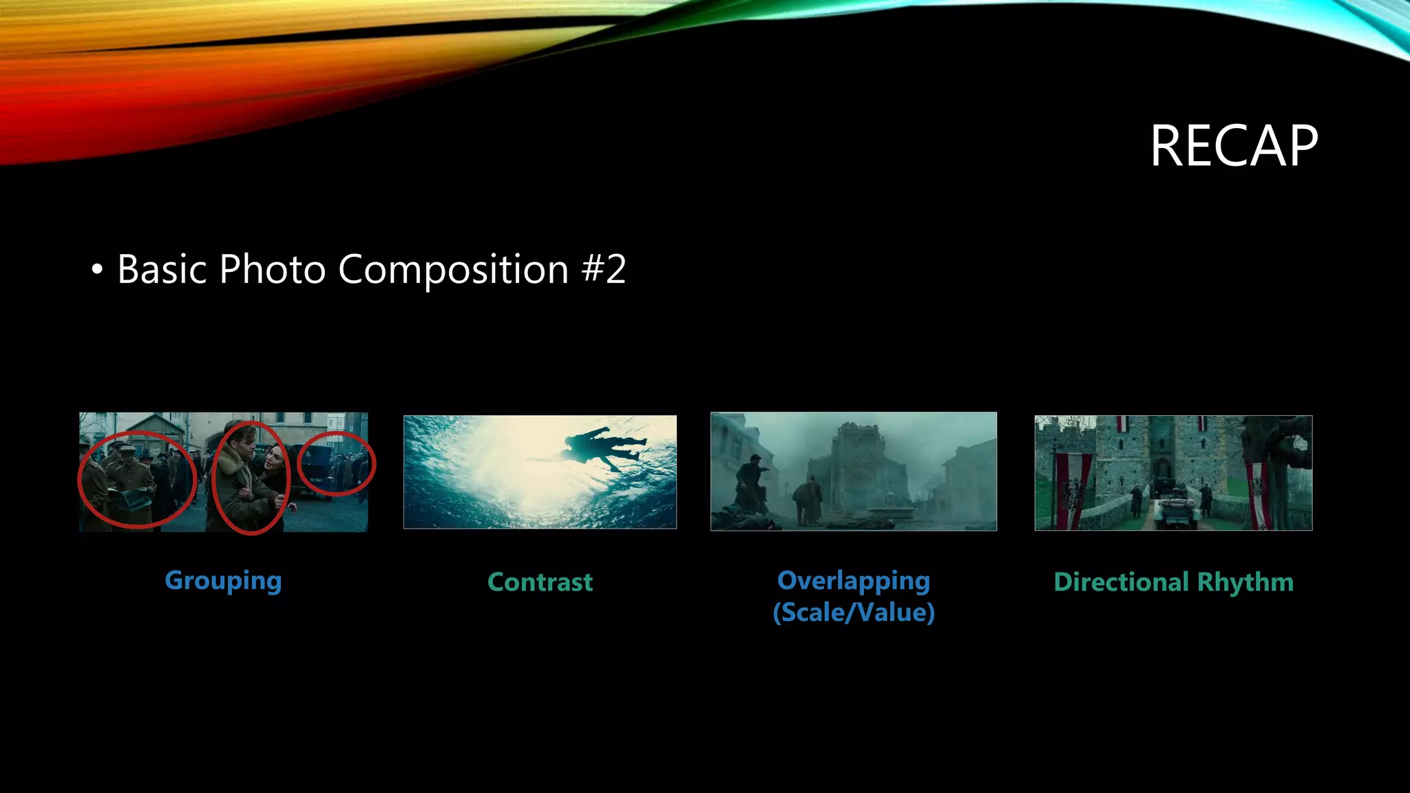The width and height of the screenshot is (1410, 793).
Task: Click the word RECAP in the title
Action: [1234, 146]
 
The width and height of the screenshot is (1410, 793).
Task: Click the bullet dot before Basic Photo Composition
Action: [97, 269]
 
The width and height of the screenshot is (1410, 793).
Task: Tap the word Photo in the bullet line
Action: [272, 269]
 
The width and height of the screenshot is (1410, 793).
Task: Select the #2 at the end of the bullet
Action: [604, 269]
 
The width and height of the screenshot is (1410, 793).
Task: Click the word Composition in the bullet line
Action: [453, 269]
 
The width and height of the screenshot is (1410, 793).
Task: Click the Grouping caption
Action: [223, 581]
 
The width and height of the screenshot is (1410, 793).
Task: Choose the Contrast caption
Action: [540, 582]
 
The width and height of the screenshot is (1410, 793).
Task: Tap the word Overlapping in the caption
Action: [854, 581]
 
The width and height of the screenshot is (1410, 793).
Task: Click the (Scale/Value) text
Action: [854, 613]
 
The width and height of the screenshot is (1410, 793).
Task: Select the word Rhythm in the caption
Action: [1245, 582]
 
